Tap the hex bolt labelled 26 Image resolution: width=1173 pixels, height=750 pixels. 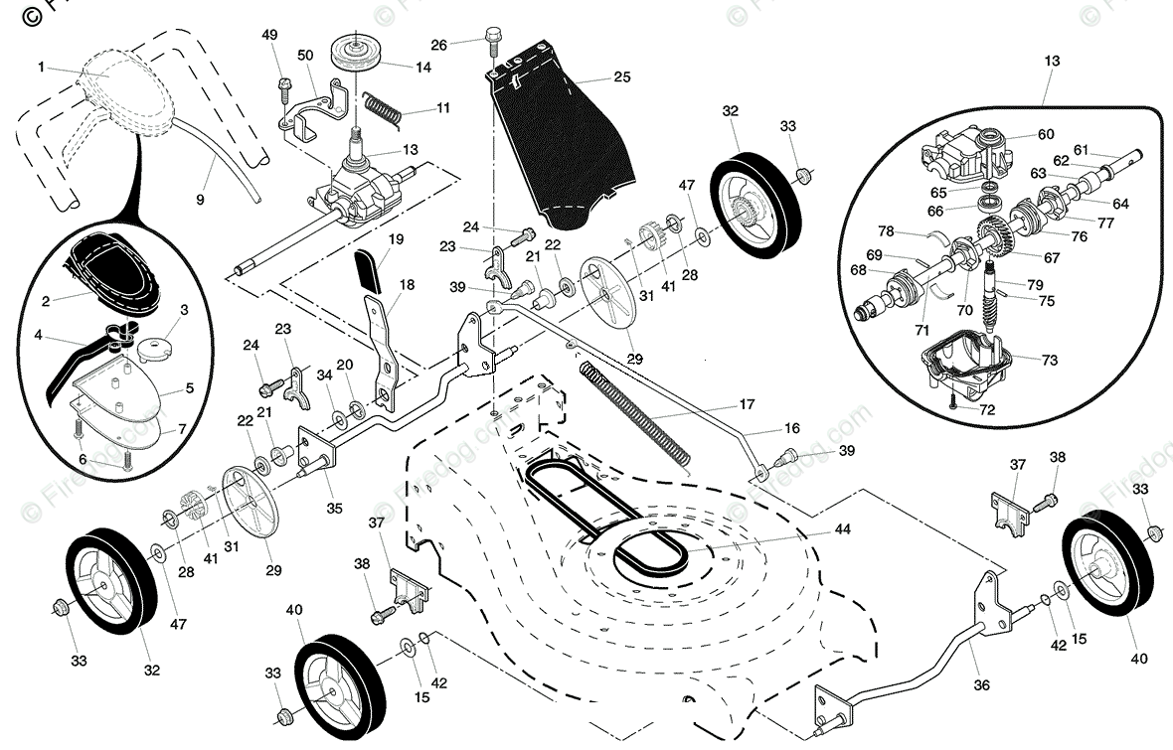pos(491,40)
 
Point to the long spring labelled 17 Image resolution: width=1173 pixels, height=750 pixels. pos(637,411)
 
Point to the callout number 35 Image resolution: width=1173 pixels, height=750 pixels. pos(334,508)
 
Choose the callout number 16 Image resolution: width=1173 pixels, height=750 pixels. pos(791,429)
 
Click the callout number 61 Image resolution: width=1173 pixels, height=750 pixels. pos(1081,150)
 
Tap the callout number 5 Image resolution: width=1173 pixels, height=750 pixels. pos(188,388)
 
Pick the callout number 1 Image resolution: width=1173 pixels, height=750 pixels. pos(41,67)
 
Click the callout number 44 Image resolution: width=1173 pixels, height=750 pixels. pos(842,530)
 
